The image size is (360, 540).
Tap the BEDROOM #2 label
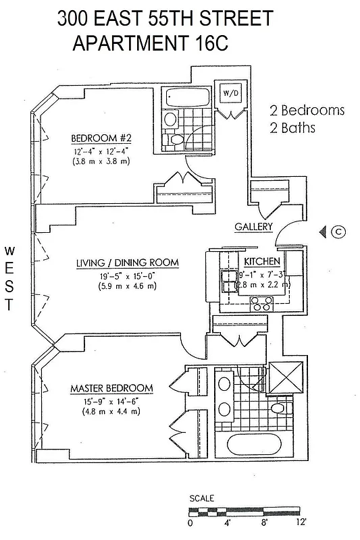pos(100,140)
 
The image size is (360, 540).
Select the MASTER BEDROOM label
pos(111,388)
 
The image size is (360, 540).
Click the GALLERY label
pos(253,227)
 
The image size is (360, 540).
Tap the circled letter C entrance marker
pos(339,232)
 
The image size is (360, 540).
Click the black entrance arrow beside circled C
pos(323,232)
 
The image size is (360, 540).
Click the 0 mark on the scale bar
pos(190,522)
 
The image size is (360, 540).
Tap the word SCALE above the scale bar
pos(201,498)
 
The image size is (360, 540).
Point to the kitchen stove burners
pos(260,304)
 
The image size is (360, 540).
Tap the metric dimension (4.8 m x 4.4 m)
pos(111,411)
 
